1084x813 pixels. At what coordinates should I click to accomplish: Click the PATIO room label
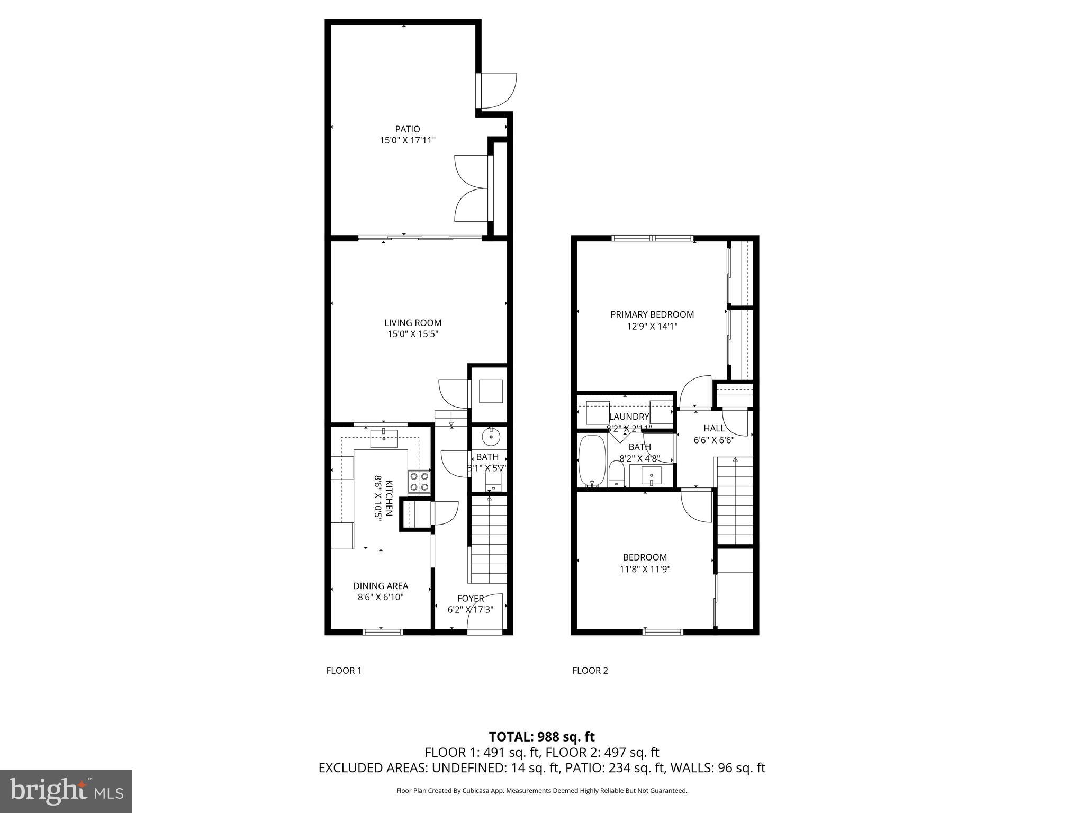point(407,129)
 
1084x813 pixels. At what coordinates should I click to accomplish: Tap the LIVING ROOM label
point(412,323)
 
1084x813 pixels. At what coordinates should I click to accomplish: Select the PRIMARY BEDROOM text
point(652,314)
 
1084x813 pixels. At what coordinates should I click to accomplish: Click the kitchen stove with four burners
point(419,482)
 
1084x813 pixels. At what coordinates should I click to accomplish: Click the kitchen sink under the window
point(384,439)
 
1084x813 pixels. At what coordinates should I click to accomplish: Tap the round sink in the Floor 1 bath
point(490,438)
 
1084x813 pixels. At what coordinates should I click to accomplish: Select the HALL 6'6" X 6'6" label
point(713,434)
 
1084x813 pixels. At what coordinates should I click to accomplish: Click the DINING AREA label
point(381,586)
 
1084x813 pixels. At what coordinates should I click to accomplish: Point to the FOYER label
point(470,599)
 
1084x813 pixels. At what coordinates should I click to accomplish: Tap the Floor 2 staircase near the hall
point(734,500)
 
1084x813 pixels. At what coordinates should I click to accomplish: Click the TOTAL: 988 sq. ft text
point(541,737)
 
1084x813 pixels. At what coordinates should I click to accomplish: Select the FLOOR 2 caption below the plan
point(590,671)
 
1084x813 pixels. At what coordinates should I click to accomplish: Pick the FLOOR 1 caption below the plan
point(344,671)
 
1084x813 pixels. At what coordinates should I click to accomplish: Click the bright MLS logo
point(66,791)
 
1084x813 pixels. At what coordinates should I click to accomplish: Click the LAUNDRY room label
point(629,417)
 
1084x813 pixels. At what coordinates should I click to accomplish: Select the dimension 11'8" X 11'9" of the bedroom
point(644,570)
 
